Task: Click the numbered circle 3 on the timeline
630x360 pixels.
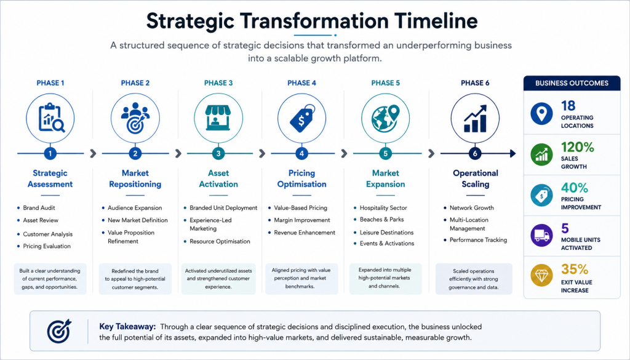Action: [218, 153]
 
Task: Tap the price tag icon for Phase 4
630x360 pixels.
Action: [301, 118]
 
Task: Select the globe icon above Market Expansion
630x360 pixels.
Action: [385, 118]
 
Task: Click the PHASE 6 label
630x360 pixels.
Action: [475, 83]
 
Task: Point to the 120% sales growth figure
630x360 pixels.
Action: [577, 147]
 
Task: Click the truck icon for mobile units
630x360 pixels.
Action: [541, 236]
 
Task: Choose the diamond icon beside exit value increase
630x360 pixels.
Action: [541, 276]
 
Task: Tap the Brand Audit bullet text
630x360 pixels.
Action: [39, 208]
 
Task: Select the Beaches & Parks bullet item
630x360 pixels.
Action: [381, 219]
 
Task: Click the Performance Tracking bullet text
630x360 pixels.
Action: [478, 240]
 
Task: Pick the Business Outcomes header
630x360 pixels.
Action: [572, 83]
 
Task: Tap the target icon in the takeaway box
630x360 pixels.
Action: [59, 332]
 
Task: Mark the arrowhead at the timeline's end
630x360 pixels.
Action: [513, 153]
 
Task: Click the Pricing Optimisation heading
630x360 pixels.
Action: [301, 178]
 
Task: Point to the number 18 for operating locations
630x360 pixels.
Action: [568, 106]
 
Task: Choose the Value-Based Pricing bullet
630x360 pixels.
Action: [300, 208]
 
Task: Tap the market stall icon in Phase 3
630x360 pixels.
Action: [218, 118]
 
